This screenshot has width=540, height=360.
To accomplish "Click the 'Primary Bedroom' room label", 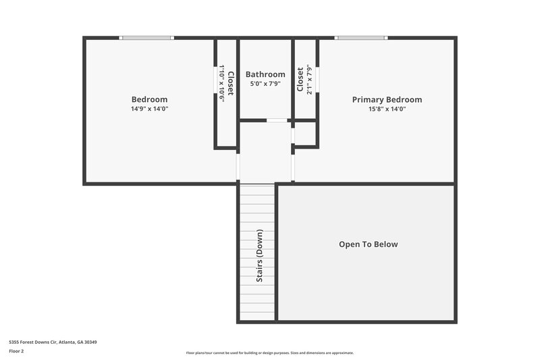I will tap(387, 100).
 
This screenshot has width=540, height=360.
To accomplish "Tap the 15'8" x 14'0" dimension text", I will tap(387, 109).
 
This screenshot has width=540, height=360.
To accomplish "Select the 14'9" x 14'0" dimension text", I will tap(149, 109).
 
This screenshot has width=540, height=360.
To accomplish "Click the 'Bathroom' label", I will tap(265, 74).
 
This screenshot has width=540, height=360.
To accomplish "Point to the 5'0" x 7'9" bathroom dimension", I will tap(265, 84).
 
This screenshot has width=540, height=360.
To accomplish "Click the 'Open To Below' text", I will tap(368, 245).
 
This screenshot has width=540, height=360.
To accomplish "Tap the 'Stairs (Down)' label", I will tap(259, 256).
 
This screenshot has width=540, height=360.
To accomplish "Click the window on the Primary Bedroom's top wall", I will tap(361, 38).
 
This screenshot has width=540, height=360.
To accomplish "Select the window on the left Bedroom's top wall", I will tap(146, 38).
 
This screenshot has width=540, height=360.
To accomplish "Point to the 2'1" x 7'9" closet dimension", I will tap(309, 80).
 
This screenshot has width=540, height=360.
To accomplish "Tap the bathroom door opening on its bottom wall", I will tap(277, 120).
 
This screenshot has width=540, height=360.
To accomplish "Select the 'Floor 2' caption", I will tap(16, 351).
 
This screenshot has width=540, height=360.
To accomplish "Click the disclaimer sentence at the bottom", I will tap(269, 353).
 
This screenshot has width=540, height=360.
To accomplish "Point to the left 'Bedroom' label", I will tap(149, 99).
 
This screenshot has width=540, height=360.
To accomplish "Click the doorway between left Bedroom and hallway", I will tap(238, 168).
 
